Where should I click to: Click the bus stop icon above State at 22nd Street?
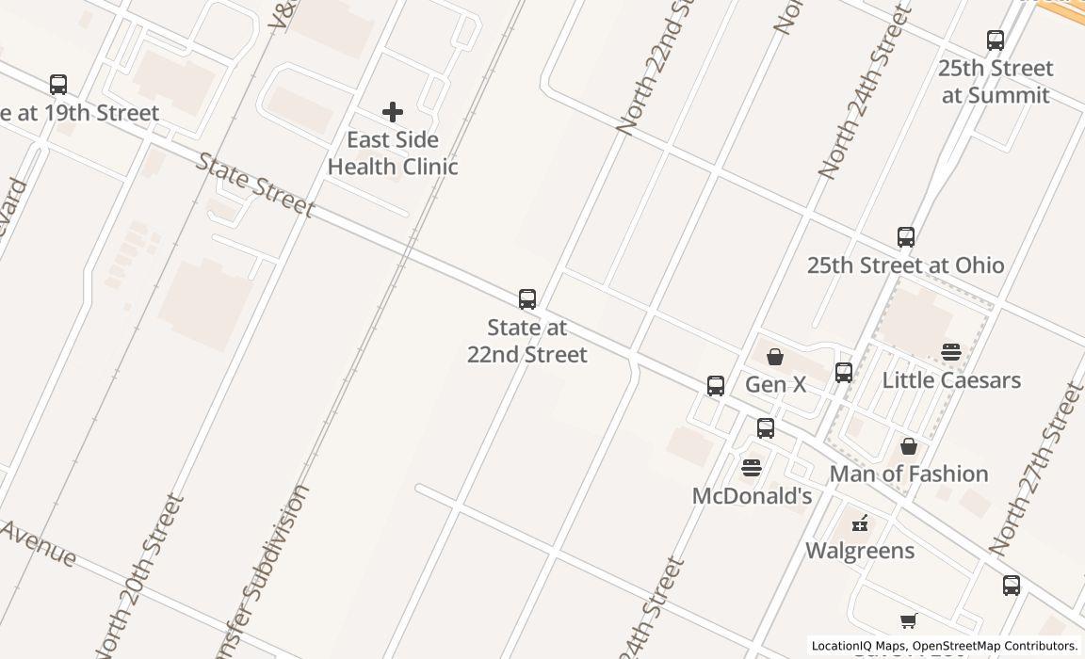coord(527,299)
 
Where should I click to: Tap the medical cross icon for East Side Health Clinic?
coord(393,112)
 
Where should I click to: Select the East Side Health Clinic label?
coord(393,153)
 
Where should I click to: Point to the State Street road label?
coord(254,185)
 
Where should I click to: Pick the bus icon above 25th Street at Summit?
coord(996,40)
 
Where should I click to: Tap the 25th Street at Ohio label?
coord(905,265)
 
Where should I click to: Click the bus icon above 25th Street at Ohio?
coord(906,237)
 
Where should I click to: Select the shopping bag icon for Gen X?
coord(775,357)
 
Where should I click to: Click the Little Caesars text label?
coord(951,380)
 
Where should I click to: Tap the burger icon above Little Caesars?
coord(951,352)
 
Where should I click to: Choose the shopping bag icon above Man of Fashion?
coord(909,446)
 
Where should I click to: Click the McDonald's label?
coord(752,496)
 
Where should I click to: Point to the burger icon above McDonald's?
coord(752,468)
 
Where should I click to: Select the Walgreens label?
coord(860,551)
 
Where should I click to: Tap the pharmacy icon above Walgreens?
coord(860,523)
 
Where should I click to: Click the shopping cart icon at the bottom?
coord(909,621)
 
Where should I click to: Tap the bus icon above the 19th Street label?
coord(58,85)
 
